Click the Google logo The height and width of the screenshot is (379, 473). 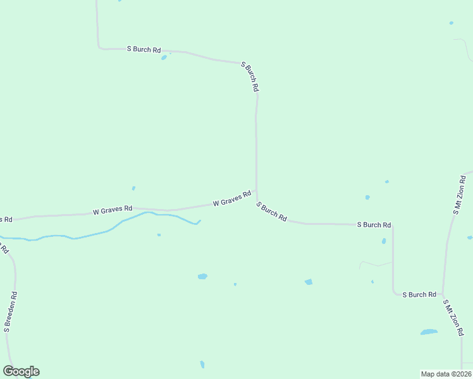(21, 371)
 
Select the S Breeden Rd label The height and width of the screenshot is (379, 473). (10, 312)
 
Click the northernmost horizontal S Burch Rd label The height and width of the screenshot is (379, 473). (144, 49)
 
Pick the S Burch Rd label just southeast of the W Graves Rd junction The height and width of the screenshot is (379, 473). (272, 211)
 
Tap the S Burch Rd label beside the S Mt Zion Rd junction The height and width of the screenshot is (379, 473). (419, 294)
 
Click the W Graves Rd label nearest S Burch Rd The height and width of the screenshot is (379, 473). (232, 199)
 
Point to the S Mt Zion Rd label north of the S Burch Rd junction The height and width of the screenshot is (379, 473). (459, 196)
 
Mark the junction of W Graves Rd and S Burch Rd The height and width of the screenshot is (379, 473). (256, 197)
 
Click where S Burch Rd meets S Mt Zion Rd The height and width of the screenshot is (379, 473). (443, 295)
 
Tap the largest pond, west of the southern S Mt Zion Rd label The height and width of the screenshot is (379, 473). (429, 332)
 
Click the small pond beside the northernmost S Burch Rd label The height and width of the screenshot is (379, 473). (164, 57)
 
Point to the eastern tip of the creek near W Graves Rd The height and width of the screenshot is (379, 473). (200, 220)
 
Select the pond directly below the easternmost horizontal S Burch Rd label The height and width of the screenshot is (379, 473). (384, 241)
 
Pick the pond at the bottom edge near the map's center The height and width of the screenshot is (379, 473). (202, 364)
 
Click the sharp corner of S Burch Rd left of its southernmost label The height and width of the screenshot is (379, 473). (394, 292)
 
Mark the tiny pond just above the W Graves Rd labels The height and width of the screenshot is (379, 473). (133, 188)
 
